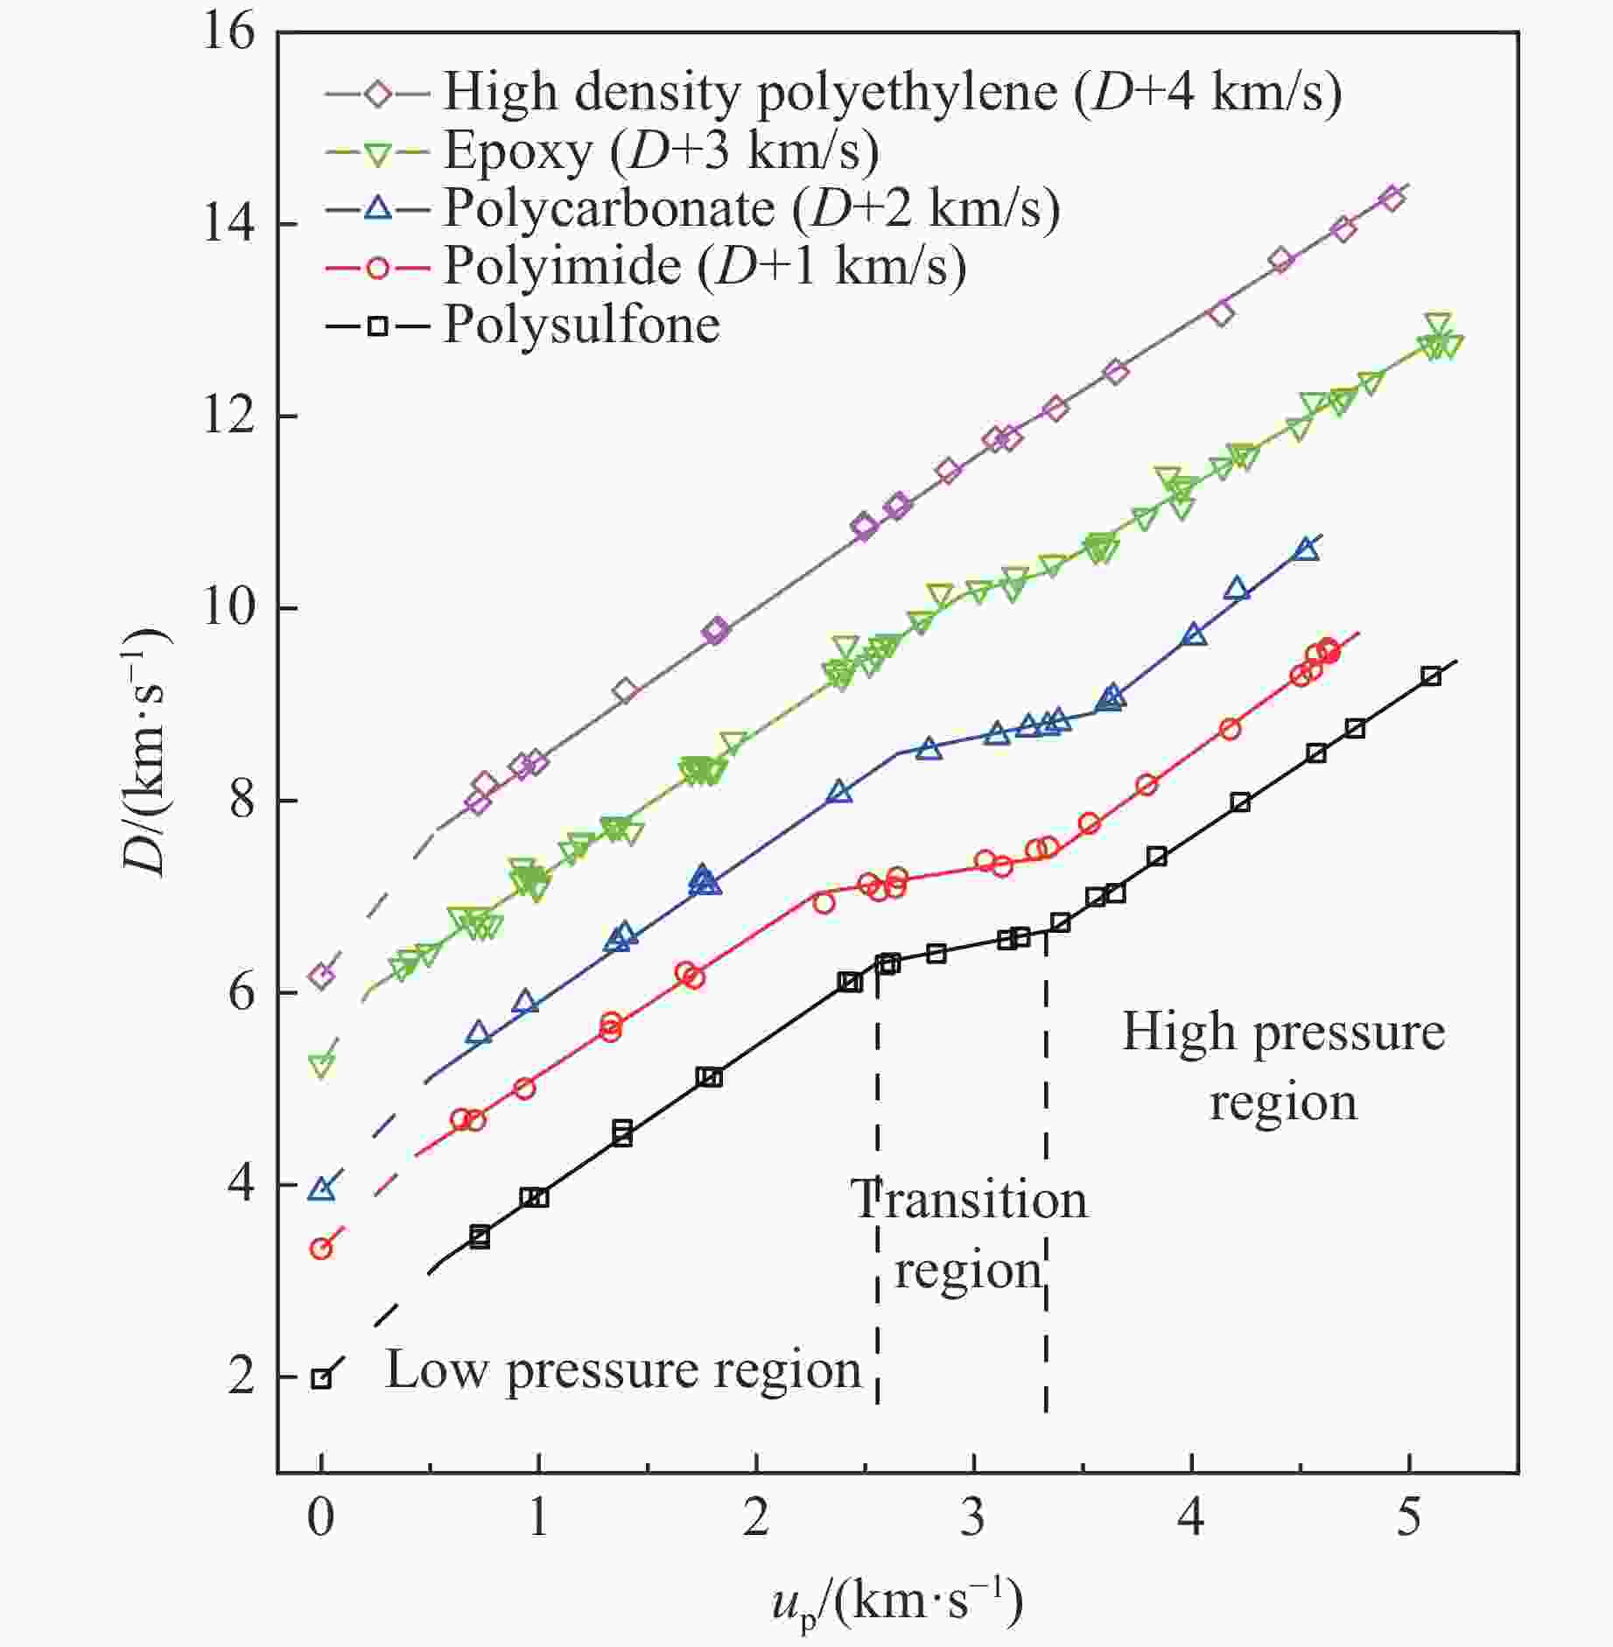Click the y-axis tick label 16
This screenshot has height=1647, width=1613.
(229, 33)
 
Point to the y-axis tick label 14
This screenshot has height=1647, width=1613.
(229, 225)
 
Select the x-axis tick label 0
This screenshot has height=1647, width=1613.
(321, 1517)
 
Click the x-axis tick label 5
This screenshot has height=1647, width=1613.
(1408, 1517)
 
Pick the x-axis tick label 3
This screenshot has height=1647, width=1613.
(973, 1517)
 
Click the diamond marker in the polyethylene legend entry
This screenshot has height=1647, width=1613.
(378, 93)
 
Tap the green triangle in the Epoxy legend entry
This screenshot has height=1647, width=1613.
(378, 153)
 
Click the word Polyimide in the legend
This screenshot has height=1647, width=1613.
(562, 266)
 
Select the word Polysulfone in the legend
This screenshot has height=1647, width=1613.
(582, 326)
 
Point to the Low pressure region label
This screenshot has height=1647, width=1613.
(623, 1370)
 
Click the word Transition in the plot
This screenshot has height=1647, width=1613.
(969, 1199)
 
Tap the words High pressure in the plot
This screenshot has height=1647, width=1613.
(1283, 1033)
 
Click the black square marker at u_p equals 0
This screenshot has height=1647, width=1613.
(322, 1378)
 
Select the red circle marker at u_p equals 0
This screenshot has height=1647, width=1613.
(321, 1249)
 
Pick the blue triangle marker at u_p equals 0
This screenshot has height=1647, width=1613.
(322, 1188)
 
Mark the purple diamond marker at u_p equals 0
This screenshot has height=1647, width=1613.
(322, 975)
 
